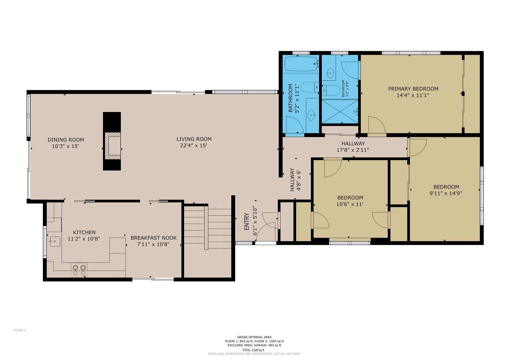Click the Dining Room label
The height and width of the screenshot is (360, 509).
66,140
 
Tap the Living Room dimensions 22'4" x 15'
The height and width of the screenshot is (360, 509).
194,146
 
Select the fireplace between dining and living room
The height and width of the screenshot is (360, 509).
112,141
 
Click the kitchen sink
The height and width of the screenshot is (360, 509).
55,242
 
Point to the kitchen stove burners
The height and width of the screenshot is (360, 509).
79,270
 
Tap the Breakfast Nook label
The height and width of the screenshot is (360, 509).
154,238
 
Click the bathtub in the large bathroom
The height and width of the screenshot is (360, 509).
301,64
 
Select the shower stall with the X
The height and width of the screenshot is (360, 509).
340,111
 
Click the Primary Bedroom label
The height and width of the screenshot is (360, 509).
413,89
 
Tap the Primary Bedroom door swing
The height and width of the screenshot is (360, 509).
377,125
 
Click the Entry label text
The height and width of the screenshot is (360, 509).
247,221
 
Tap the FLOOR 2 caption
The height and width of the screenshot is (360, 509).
19,330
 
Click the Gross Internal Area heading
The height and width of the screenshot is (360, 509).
254,337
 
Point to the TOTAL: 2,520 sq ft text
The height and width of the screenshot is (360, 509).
253,350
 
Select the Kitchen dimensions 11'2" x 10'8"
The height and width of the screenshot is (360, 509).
84,239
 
